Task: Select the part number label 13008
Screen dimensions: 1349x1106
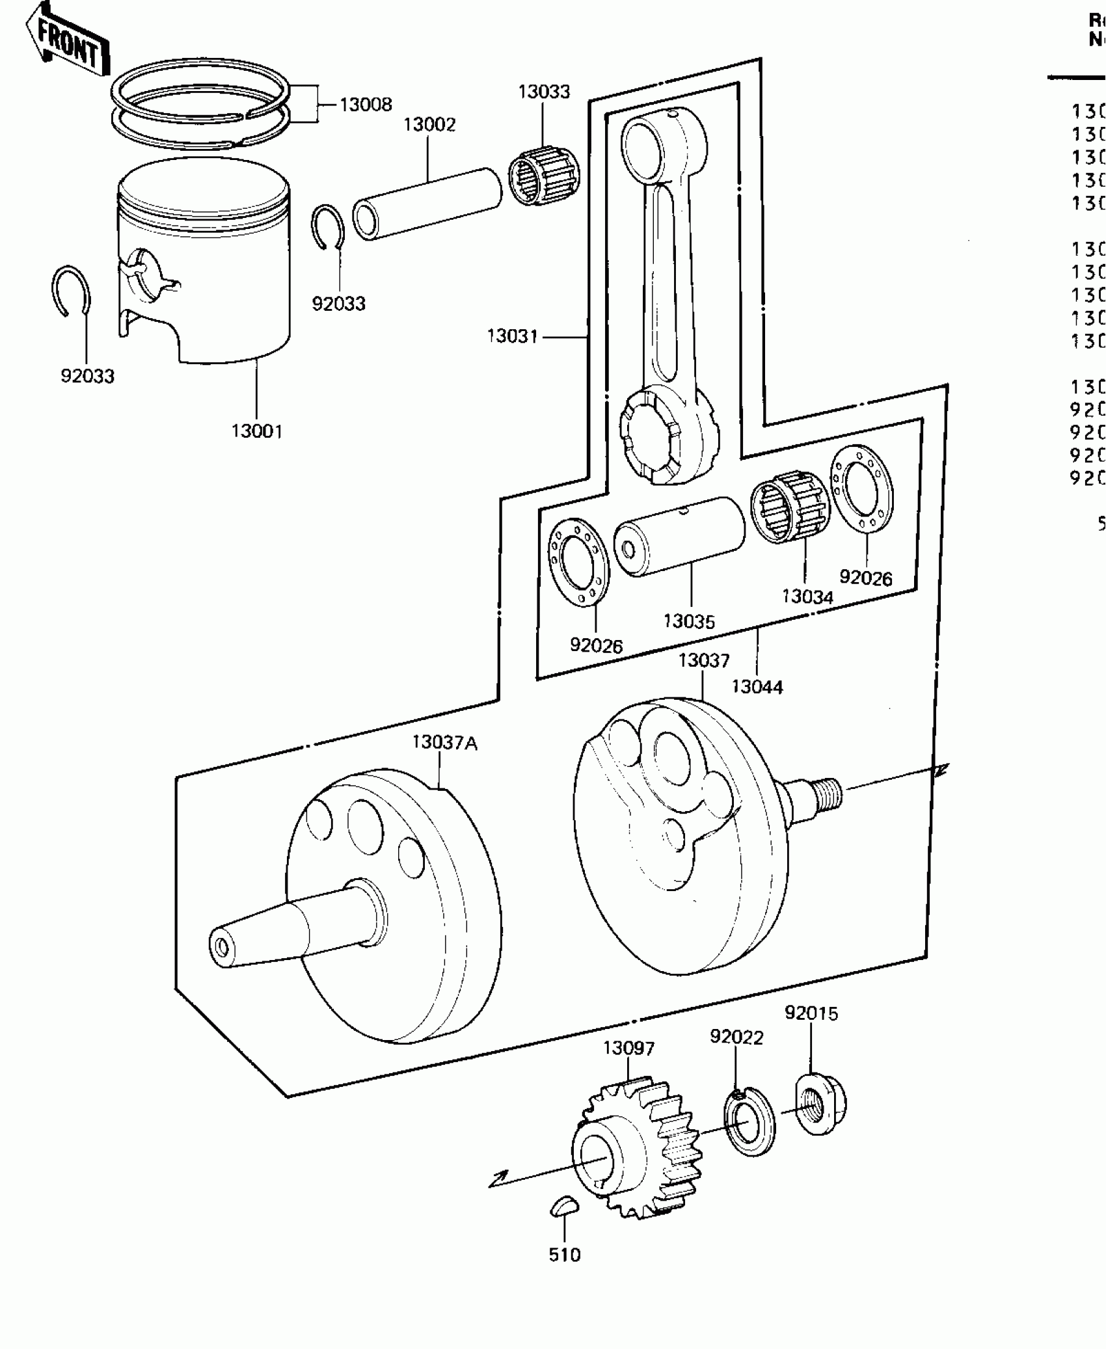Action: click(x=366, y=105)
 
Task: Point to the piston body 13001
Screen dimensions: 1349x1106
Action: click(x=204, y=273)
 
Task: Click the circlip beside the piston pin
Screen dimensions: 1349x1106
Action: click(x=327, y=227)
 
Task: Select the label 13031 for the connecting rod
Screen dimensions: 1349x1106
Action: click(x=513, y=336)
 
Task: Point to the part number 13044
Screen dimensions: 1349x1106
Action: click(x=757, y=687)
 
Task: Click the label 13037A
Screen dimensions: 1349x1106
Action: click(x=445, y=743)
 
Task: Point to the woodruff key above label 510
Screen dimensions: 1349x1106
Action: click(x=563, y=1206)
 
